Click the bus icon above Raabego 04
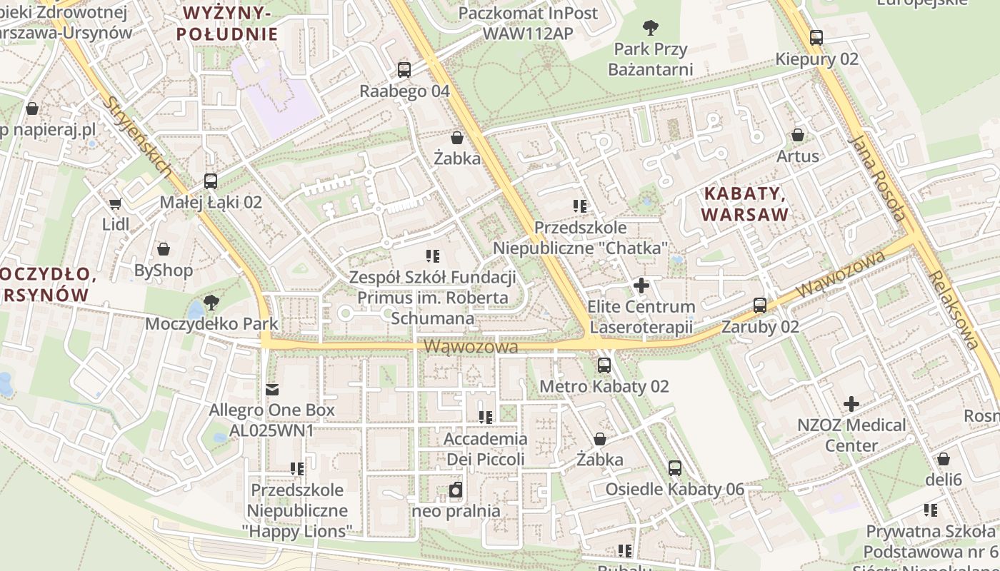[404, 70]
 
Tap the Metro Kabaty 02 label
[604, 386]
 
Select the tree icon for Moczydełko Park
[211, 303]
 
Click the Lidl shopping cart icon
[116, 203]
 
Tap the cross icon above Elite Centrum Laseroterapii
[641, 286]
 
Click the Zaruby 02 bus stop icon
[760, 305]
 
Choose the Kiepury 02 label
[816, 59]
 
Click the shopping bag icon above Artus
[797, 135]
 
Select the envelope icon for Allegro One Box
[271, 390]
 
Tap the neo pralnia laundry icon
[456, 490]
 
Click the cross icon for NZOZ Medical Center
[851, 404]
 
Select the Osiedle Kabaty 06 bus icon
[675, 468]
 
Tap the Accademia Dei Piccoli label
[485, 449]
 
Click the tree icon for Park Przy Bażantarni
[650, 28]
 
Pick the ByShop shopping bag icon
[164, 249]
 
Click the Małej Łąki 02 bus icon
[211, 181]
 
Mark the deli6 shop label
[944, 479]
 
